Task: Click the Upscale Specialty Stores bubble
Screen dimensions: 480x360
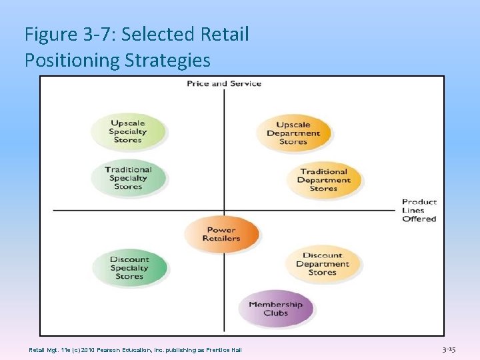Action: point(128,131)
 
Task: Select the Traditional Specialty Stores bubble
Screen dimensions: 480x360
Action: point(128,178)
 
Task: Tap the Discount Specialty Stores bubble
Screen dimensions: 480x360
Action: point(129,268)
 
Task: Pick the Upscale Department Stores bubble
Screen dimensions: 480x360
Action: point(293,133)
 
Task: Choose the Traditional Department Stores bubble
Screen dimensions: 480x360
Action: point(324,180)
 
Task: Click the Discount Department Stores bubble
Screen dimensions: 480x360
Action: point(323,264)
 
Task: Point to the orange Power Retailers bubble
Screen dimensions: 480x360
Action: point(221,234)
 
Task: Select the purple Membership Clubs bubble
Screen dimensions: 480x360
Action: point(275,309)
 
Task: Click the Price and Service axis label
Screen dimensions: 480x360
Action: point(224,83)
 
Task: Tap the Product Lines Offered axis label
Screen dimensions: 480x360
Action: point(419,210)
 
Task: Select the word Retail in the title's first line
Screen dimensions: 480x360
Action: point(224,34)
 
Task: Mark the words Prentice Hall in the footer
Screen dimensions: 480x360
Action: point(225,350)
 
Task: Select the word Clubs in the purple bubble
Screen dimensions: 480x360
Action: point(275,313)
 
